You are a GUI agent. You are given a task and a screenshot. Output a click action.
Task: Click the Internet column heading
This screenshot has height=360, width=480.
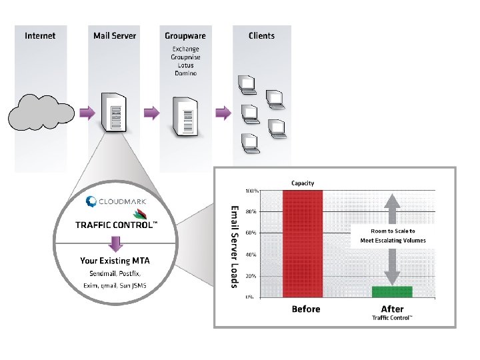pos(40,35)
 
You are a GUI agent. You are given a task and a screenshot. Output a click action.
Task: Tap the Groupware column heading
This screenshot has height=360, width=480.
pos(185,35)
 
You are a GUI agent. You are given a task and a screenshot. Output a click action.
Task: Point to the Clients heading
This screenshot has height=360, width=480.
pos(261,35)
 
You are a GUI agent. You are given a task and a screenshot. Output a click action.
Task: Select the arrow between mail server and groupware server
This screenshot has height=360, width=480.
pos(152,112)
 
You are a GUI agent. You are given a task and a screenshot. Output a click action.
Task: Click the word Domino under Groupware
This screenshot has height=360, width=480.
pos(185,73)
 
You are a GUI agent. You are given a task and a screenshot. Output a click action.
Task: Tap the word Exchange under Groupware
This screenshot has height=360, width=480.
pos(185,49)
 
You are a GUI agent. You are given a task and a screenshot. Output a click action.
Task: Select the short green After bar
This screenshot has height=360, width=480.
pos(393,291)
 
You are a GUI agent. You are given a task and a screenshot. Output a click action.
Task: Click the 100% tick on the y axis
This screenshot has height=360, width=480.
pos(251,191)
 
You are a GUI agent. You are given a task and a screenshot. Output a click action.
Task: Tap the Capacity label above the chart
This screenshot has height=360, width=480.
pos(303,183)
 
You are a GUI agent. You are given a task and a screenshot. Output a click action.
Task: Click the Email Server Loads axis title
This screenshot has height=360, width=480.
pos(235,246)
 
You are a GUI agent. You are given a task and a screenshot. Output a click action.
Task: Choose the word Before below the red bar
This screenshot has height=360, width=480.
pos(306,309)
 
